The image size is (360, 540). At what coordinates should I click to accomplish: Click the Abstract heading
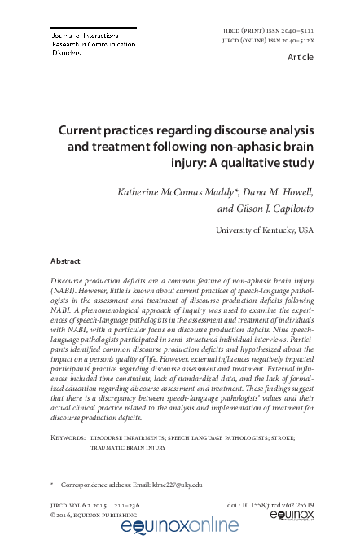[65, 262]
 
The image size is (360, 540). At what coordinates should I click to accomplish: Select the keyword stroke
[280, 437]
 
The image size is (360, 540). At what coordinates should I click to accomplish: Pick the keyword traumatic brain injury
[129, 447]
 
